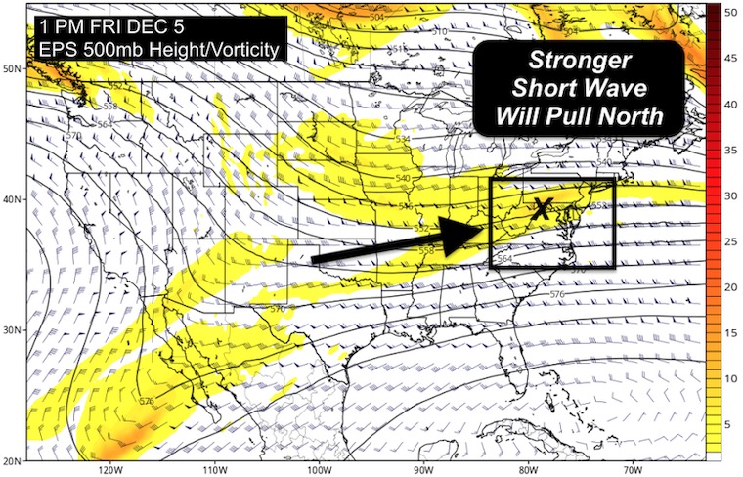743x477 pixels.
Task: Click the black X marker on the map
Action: point(544,207)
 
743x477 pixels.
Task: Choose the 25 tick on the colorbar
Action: point(728,234)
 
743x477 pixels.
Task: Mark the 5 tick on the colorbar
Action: point(728,423)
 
